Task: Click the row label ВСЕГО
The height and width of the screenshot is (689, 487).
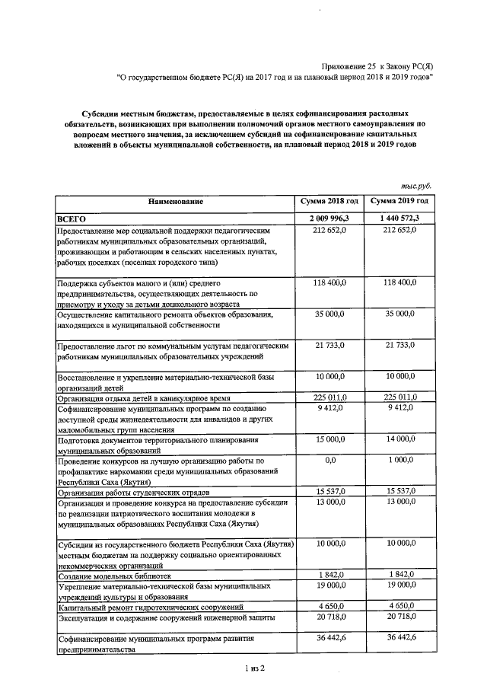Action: pos(72,219)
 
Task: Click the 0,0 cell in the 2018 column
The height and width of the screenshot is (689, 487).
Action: pos(329,461)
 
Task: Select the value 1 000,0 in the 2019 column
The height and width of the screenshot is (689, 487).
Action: pos(400,461)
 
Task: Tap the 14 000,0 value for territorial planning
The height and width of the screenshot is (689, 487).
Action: pos(400,439)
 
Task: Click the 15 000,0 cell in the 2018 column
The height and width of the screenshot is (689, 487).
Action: pos(329,439)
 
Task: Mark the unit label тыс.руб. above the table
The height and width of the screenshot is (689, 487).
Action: pos(417,185)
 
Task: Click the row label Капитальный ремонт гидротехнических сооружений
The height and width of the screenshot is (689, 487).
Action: pos(150,607)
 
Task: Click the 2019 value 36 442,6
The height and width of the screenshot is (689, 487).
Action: pos(400,638)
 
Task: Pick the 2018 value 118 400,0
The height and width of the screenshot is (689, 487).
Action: pos(329,282)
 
